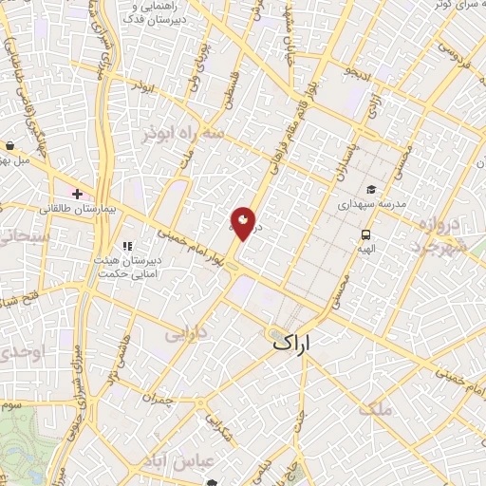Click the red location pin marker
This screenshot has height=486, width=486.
pos(243,223)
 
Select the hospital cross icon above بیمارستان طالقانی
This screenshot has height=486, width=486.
pos(78,193)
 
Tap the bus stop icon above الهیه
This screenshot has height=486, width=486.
pos(365,234)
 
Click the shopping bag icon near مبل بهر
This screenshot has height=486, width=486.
pos(9,146)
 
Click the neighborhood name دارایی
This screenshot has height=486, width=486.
pos(185,335)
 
